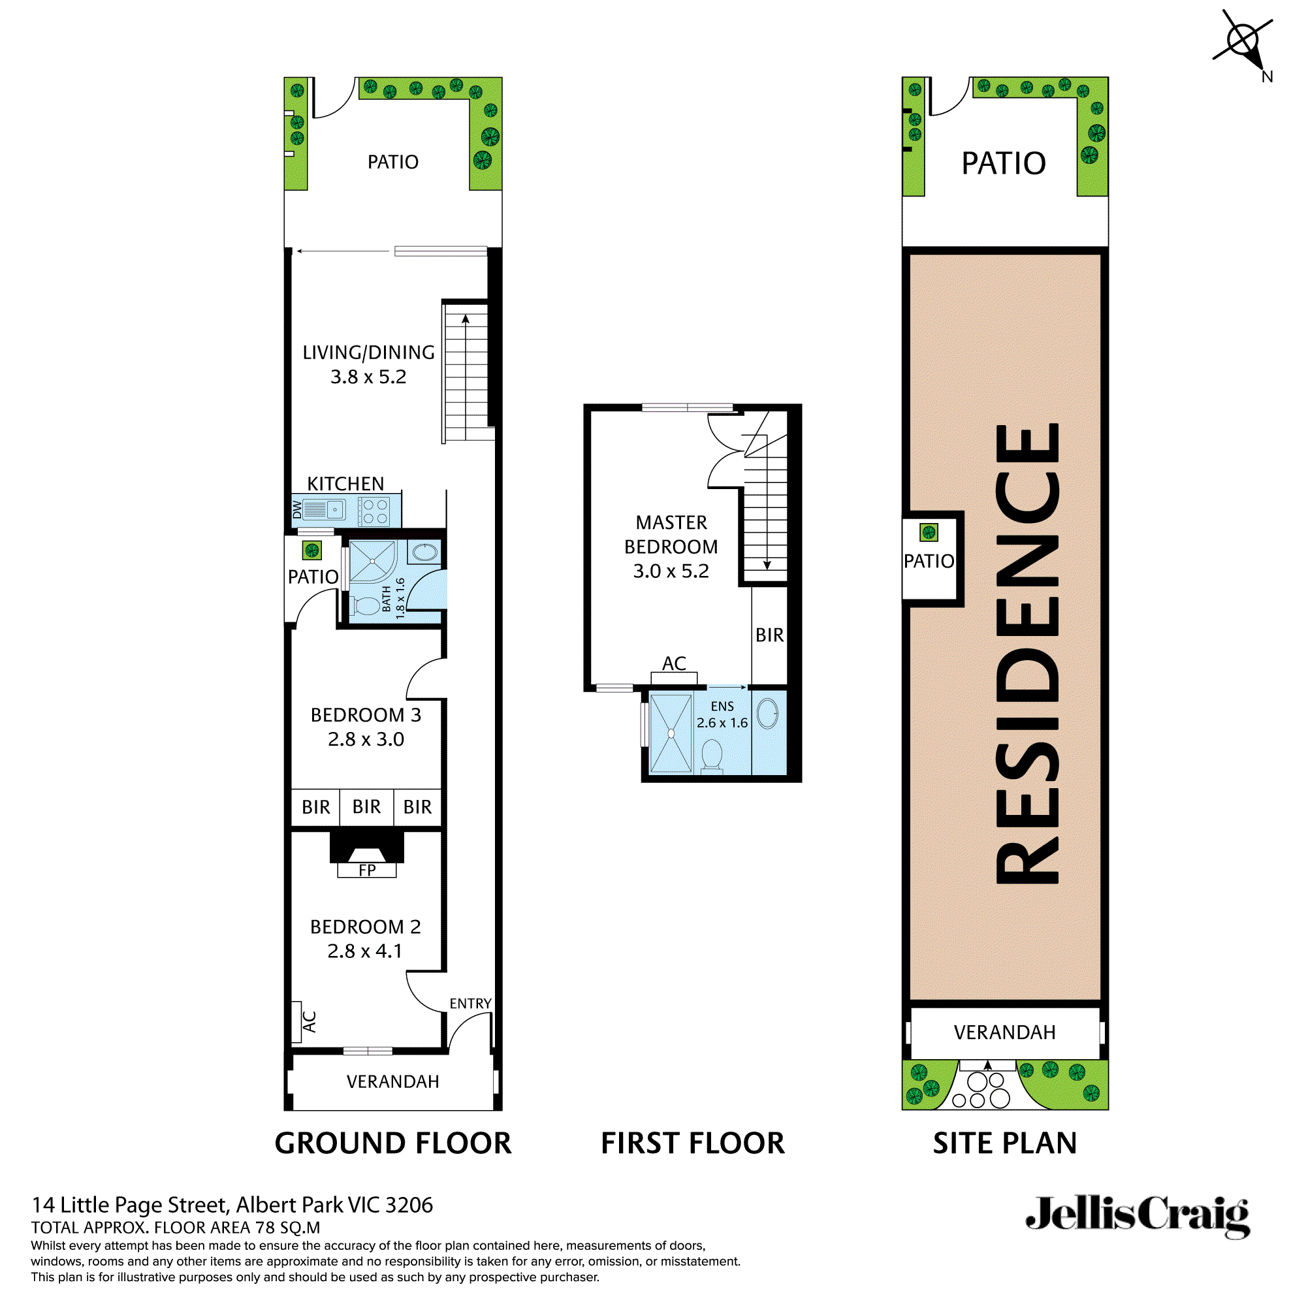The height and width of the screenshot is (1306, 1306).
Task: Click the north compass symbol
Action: (x=1243, y=40)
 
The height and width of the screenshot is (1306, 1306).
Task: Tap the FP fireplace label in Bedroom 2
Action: (x=367, y=870)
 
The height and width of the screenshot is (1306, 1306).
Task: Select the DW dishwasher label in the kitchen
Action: (x=297, y=510)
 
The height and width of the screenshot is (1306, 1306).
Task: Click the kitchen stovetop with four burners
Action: (x=374, y=511)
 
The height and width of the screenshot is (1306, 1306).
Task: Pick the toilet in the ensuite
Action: (x=712, y=754)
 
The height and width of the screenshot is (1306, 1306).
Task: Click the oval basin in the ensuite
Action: (x=767, y=714)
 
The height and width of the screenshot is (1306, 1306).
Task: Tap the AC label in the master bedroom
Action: (x=674, y=664)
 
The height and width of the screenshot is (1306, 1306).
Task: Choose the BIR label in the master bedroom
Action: (x=769, y=635)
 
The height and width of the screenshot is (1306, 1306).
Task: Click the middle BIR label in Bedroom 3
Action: (x=366, y=807)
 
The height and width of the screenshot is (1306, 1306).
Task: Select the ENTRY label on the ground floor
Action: (x=470, y=1004)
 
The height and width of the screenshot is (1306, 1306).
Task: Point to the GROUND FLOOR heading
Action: (x=392, y=1144)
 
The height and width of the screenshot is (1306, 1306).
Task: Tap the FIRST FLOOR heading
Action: (x=693, y=1144)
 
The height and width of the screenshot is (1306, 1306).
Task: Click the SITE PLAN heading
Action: (x=1004, y=1144)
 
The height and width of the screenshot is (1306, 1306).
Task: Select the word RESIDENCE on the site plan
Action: (x=1027, y=654)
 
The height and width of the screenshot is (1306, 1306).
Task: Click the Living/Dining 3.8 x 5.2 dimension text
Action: (x=368, y=377)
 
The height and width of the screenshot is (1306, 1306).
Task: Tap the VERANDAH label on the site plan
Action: (x=1004, y=1032)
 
